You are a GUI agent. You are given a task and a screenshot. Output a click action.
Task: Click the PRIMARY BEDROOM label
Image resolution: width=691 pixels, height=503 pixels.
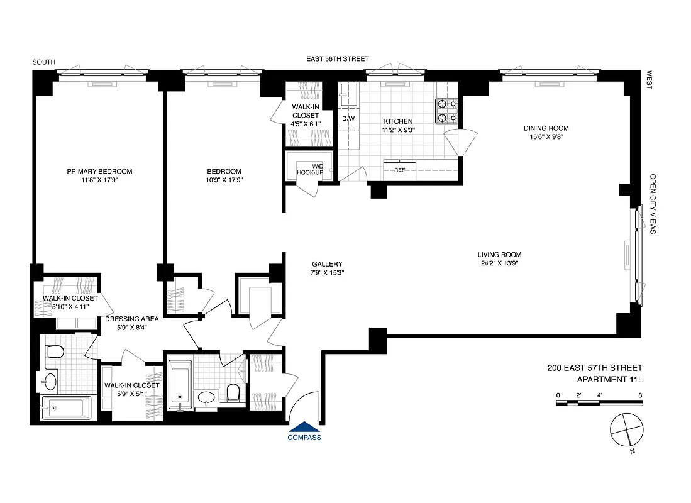pyautogui.click(x=100, y=171)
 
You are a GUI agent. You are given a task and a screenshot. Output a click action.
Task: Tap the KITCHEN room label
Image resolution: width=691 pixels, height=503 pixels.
pyautogui.click(x=399, y=121)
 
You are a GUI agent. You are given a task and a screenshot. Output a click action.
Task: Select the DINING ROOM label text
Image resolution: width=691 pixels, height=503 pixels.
pyautogui.click(x=546, y=128)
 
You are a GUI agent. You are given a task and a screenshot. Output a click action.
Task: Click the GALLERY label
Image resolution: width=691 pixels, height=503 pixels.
pyautogui.click(x=327, y=264)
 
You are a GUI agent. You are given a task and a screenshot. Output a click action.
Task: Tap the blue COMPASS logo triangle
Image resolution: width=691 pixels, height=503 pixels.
pyautogui.click(x=304, y=426)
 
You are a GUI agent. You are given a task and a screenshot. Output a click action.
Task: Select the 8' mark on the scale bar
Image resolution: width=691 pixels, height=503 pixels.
pyautogui.click(x=640, y=395)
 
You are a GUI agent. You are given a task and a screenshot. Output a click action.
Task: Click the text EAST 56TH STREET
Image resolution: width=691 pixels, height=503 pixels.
pyautogui.click(x=337, y=59)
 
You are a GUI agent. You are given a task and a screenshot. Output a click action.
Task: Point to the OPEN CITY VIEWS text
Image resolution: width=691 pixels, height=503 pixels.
pyautogui.click(x=653, y=204)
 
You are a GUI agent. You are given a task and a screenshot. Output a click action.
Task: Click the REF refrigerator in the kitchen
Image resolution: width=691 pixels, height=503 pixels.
pyautogui.click(x=399, y=169)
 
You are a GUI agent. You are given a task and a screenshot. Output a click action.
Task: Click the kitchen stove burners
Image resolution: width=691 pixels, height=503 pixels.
pyautogui.click(x=446, y=111)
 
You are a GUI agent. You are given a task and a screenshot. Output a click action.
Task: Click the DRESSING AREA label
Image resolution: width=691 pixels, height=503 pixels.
pyautogui.click(x=131, y=319)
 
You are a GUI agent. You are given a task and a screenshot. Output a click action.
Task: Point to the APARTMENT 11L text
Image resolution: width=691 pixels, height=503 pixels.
pyautogui.click(x=609, y=379)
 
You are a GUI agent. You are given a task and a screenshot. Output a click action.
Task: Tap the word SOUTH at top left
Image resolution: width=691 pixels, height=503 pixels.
pyautogui.click(x=45, y=62)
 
